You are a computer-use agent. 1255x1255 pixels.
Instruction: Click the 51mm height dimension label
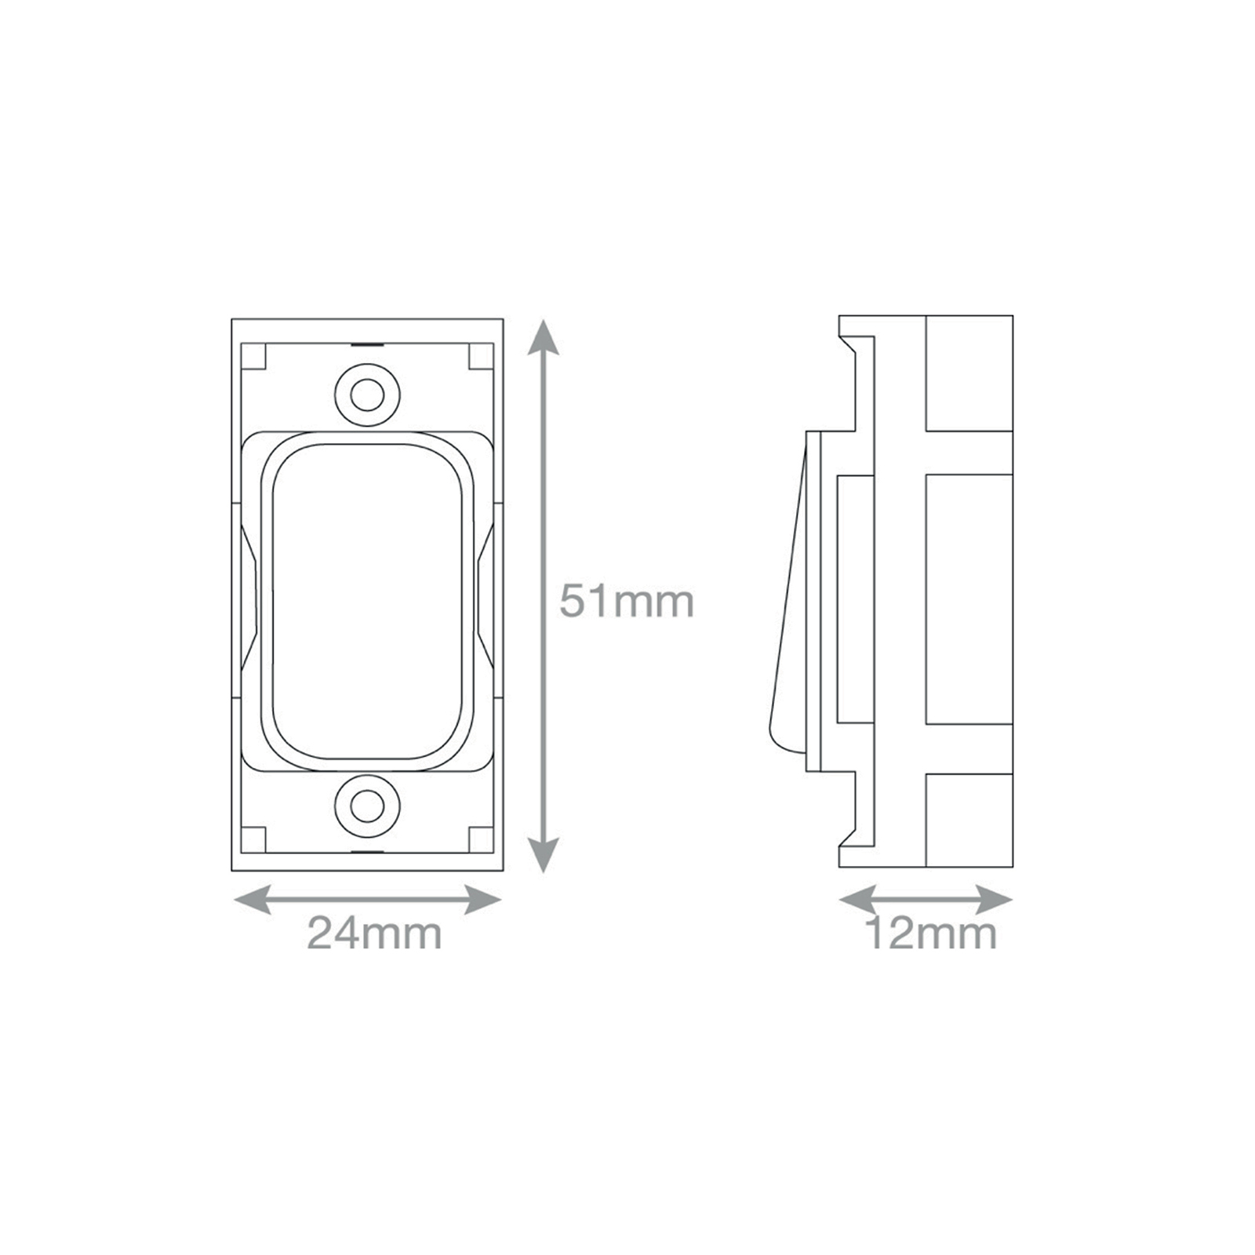tap(627, 602)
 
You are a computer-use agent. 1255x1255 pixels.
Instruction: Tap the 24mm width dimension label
tap(374, 933)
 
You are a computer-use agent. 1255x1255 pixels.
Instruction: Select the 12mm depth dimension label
tap(930, 933)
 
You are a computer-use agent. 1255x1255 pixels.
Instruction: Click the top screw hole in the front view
tap(366, 396)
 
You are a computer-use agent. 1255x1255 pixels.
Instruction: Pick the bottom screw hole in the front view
tap(366, 805)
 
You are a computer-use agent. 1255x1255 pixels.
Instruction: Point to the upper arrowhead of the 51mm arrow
tap(543, 336)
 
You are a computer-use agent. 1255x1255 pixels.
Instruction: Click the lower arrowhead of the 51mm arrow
tap(543, 854)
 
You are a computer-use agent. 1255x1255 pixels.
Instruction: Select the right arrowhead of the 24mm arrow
tap(482, 900)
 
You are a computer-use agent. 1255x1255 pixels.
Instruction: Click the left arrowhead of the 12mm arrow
tap(857, 900)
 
